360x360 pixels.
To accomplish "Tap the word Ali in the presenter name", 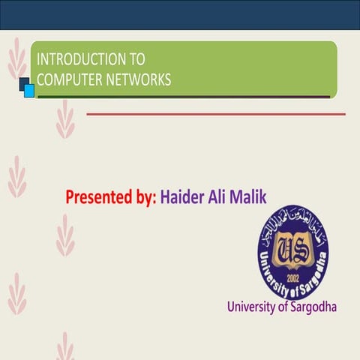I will pos(217,198).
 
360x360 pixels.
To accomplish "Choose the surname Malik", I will pos(248,198).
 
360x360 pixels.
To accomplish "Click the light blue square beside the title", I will pos(29,91).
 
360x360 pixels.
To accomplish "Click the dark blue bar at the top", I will pos(180,14).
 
